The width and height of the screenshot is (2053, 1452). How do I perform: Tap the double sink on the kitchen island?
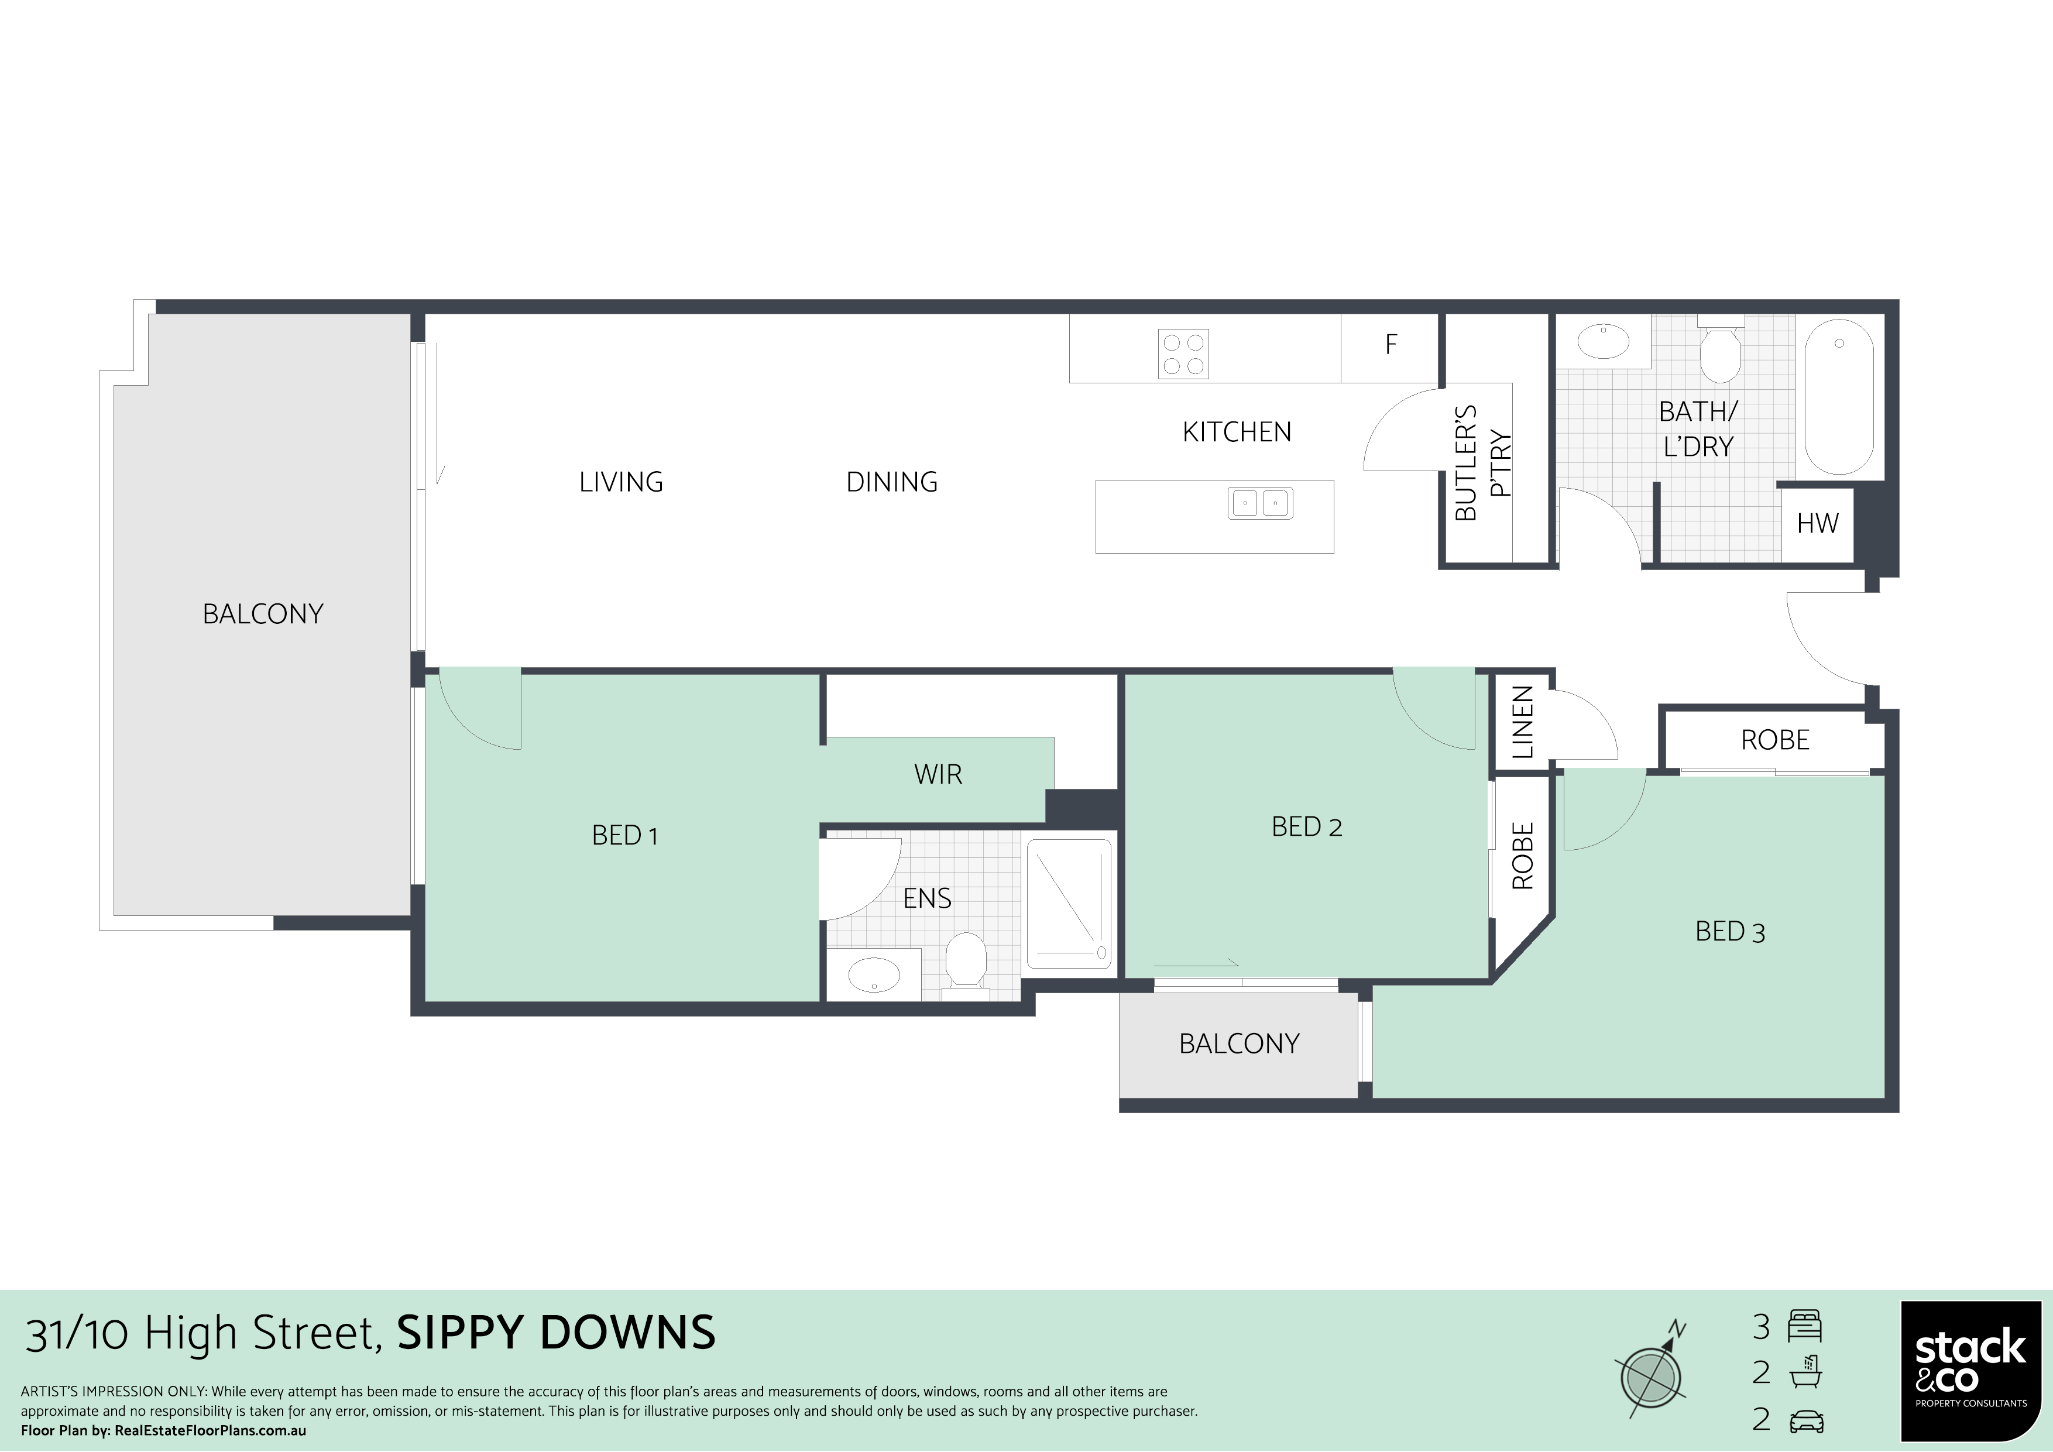coord(1261,503)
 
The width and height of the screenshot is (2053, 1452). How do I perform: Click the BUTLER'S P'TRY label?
coord(1482,463)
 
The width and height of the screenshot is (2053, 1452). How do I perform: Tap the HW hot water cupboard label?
coord(1817,523)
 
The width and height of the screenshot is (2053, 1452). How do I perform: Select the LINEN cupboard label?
coord(1522,722)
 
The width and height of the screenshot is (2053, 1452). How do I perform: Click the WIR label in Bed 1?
coord(938,774)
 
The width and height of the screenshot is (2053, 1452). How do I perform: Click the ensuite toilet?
coord(966,966)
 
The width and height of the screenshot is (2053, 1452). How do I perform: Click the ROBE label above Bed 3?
coord(1775,740)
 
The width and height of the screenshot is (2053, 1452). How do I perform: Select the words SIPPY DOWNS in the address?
coord(556,1333)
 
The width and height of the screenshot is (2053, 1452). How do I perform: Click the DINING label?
coord(891,483)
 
